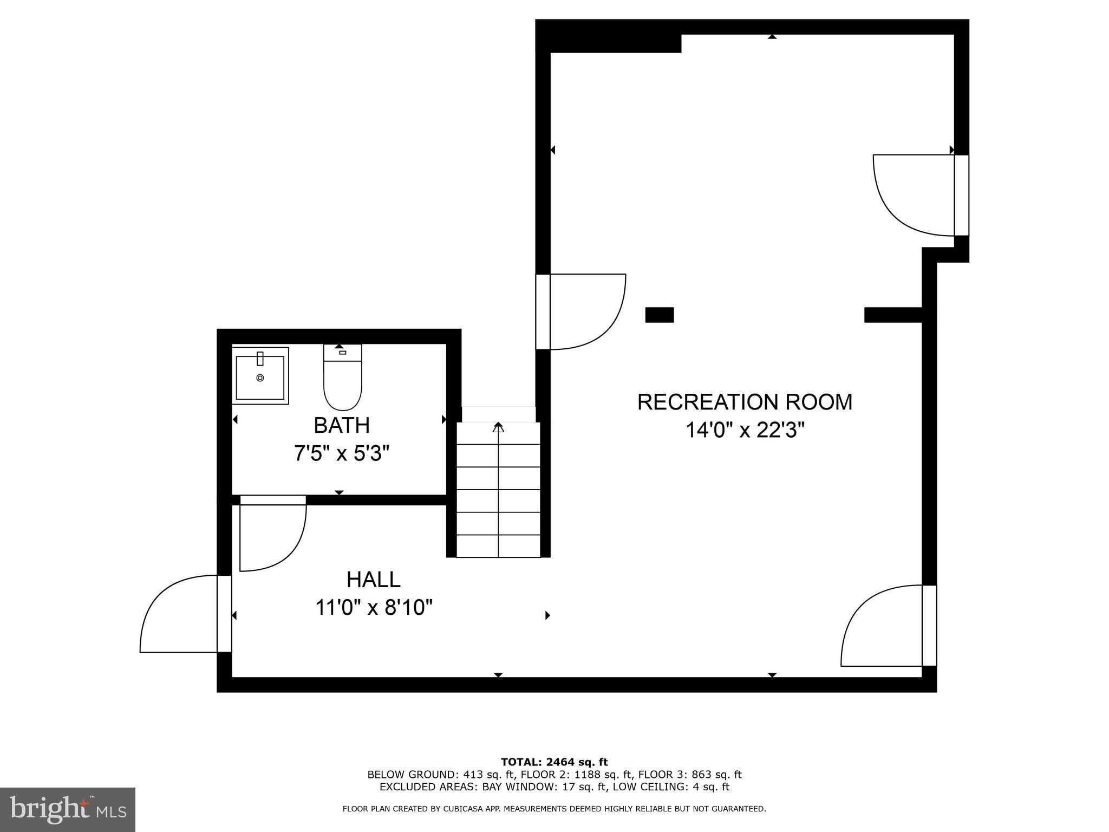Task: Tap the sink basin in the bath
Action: pos(260,377)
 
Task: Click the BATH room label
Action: pos(342,426)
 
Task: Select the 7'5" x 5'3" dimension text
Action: pos(342,453)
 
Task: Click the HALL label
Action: pos(374,580)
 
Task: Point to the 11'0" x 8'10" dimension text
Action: pos(374,608)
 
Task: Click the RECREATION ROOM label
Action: pos(745,402)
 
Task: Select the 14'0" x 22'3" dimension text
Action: pos(745,431)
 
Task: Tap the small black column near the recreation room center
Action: pos(660,315)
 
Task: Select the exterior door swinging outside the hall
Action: pos(179,615)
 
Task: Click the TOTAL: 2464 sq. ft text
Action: pos(554,762)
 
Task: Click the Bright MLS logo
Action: pos(67,809)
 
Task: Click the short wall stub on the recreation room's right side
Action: pos(893,315)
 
